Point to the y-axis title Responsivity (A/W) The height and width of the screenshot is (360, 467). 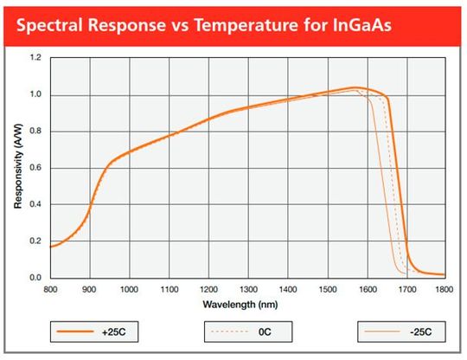click(x=17, y=168)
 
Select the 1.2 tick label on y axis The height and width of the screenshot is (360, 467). click(x=35, y=58)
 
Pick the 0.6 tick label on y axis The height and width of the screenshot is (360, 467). click(x=35, y=168)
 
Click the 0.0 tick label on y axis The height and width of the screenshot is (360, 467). click(x=35, y=278)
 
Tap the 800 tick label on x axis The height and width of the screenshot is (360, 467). click(x=50, y=288)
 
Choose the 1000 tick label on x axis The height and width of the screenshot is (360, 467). click(x=129, y=288)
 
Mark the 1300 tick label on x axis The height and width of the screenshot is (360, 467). click(x=247, y=288)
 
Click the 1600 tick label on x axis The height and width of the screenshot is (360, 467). click(x=366, y=288)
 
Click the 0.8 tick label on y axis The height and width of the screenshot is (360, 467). click(x=35, y=132)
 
